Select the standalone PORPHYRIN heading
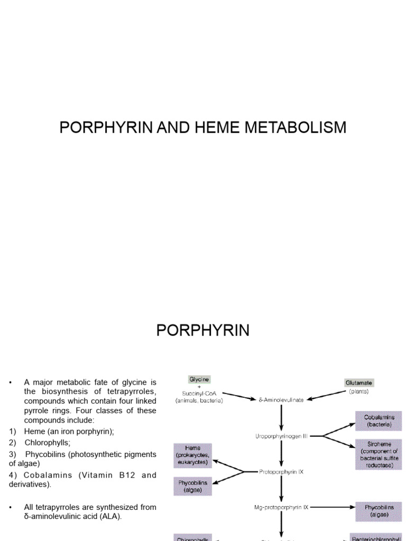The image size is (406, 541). click(x=202, y=331)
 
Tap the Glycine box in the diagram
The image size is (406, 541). click(x=199, y=379)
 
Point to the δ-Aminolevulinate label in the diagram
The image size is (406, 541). click(x=281, y=400)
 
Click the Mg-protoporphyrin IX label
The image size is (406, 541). click(x=281, y=507)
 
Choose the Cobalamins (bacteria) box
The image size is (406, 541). click(x=379, y=421)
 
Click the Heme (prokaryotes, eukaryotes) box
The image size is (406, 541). click(x=192, y=455)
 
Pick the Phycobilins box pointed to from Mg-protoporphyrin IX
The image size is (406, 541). click(x=379, y=510)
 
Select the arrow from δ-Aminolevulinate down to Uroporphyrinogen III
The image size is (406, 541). click(x=281, y=418)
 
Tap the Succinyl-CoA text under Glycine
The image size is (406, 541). click(x=199, y=393)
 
